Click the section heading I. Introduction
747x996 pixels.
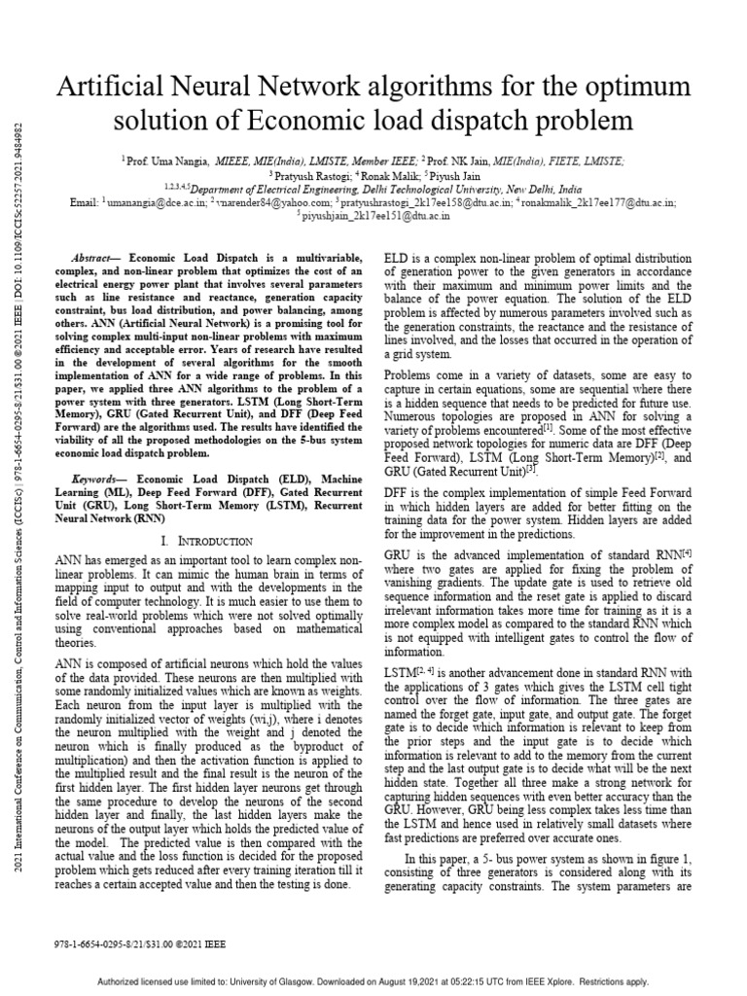click(x=204, y=540)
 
